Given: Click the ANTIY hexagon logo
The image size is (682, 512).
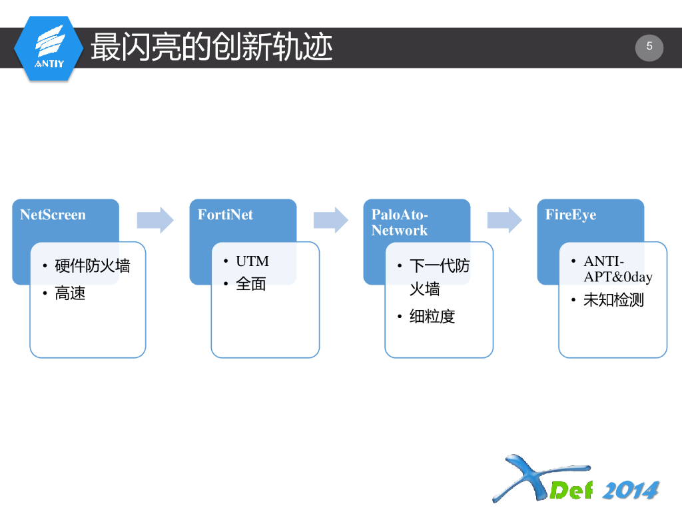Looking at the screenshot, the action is [49, 48].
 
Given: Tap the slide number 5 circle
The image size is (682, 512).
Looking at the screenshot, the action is [649, 47].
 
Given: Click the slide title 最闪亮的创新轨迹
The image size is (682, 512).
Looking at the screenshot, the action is [211, 47].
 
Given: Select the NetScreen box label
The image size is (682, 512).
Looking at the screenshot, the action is [53, 215].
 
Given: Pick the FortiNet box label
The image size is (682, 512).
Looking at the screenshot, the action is [225, 215].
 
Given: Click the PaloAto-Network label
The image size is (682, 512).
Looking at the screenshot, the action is [400, 223].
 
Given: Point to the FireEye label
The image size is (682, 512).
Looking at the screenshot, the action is [571, 215].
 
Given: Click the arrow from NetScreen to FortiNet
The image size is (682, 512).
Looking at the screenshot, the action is [155, 220].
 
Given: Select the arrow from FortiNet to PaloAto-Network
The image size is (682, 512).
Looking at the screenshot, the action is [331, 220].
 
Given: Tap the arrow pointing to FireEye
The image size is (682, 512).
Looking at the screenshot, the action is [504, 220].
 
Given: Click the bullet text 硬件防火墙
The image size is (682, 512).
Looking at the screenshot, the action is [93, 266].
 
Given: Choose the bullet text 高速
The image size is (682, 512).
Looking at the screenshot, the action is [70, 293].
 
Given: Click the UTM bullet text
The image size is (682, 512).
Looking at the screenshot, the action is [252, 261].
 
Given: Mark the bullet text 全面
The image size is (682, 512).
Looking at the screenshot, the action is [251, 284].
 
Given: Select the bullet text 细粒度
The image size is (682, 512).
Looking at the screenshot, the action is [432, 317].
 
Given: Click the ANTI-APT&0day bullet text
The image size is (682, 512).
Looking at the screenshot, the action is [617, 269].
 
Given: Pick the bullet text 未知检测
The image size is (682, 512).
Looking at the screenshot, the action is [613, 300].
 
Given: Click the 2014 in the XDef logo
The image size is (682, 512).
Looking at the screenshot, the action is [630, 490].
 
